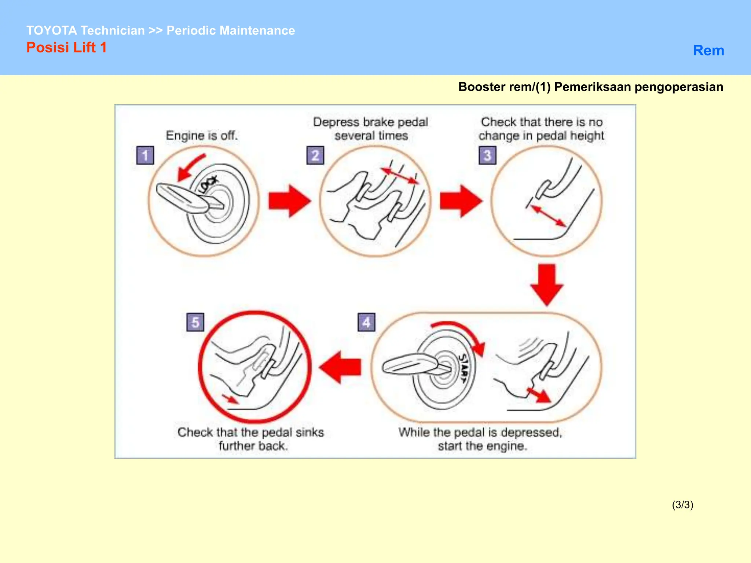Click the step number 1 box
click(145, 155)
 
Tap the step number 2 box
click(315, 155)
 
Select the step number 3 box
click(487, 155)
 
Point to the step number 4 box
click(366, 322)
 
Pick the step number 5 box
click(195, 322)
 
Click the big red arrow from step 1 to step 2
click(289, 201)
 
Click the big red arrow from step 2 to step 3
click(461, 201)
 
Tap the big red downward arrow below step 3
click(547, 284)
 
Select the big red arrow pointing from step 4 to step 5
click(340, 367)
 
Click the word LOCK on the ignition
click(208, 184)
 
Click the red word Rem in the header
click(708, 51)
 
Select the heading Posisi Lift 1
click(66, 48)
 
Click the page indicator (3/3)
click(682, 505)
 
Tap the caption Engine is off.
click(202, 135)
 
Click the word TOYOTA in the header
click(51, 30)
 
